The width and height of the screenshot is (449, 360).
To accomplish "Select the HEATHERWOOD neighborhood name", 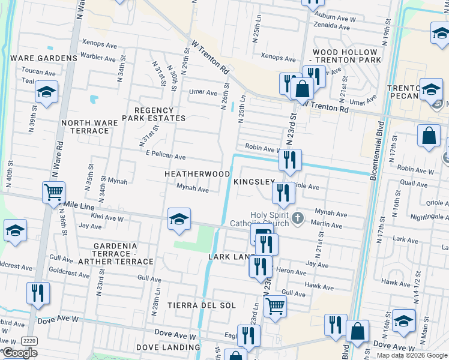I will coord(197,174).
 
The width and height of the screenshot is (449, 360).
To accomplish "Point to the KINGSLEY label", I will coord(254,181).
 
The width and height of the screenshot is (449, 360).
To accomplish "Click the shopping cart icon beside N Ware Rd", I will coord(54,193).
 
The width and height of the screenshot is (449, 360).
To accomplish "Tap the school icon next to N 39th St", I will coord(46,92).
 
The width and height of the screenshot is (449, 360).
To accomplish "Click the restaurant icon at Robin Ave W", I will coord(290,160).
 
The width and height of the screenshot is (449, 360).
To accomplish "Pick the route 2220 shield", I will coord(28,340).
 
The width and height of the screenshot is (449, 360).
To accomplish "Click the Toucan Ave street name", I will coord(38,71).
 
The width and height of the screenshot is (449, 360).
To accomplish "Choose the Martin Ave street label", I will coord(327,226).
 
